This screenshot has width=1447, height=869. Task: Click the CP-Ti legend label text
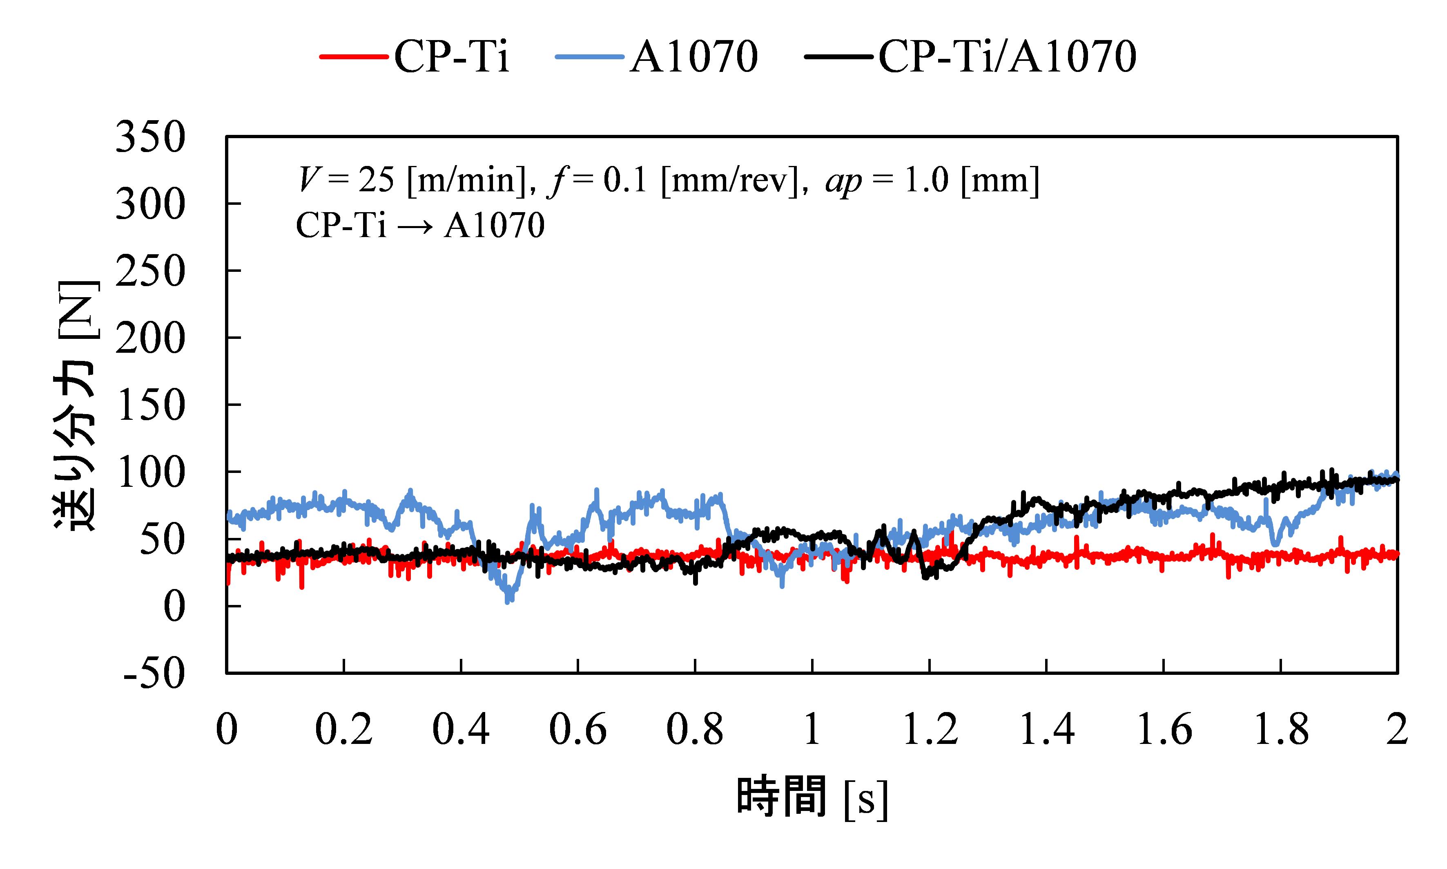pos(451,57)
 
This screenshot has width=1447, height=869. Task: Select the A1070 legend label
pos(693,57)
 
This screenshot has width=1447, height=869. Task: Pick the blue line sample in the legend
pos(590,57)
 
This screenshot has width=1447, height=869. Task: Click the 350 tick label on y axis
pos(150,138)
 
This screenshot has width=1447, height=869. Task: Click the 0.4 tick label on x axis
pos(461,730)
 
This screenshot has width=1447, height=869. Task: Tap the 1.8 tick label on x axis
pos(1281,730)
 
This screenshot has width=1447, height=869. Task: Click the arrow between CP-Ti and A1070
pos(415,226)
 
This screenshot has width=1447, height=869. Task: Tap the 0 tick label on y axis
pos(174,607)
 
